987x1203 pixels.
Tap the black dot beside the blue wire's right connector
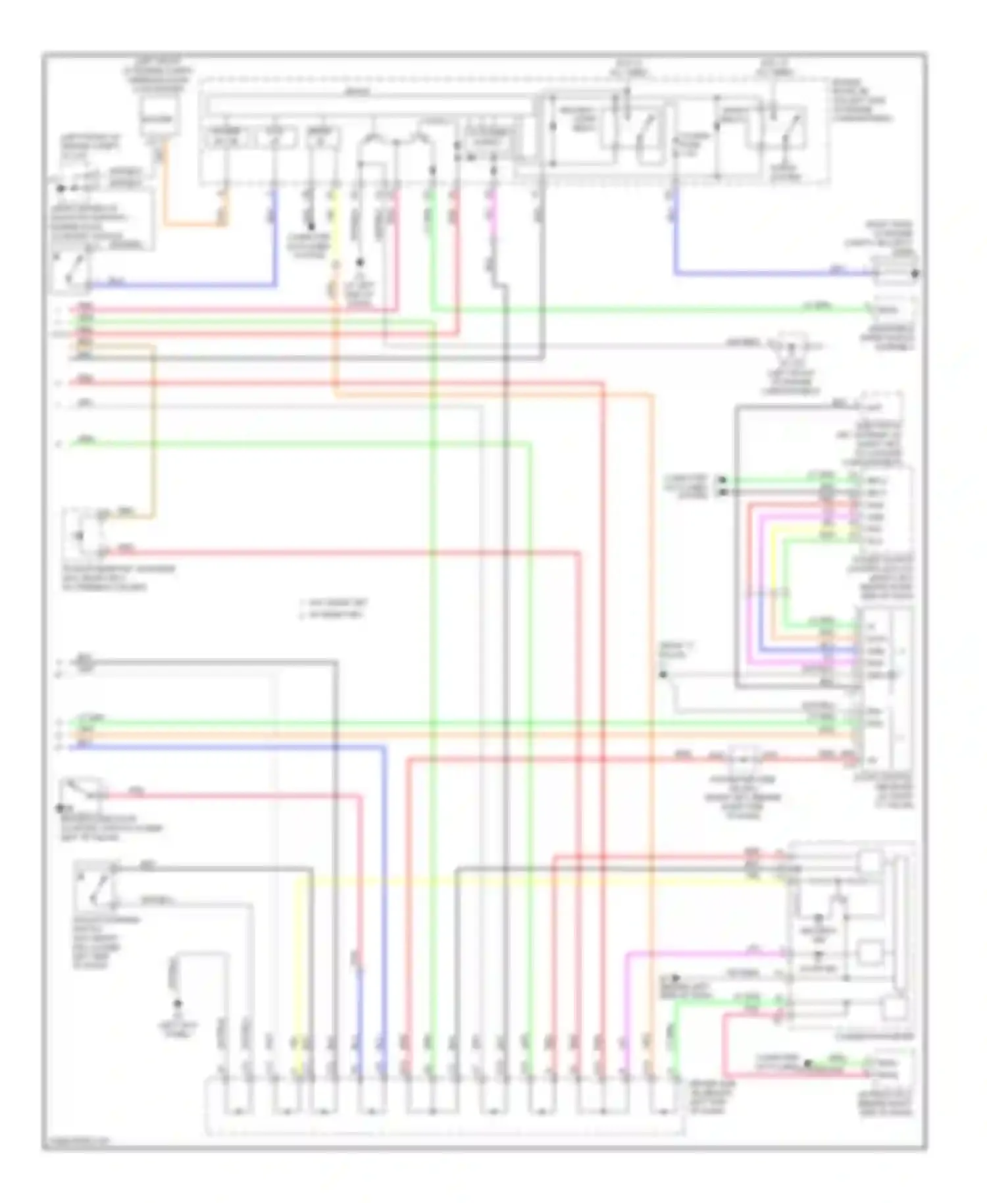tap(916, 273)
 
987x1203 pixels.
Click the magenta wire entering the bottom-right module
tap(704, 952)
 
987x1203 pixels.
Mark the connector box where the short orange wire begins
tap(157, 121)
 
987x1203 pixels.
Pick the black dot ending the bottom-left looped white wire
tap(177, 1005)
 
